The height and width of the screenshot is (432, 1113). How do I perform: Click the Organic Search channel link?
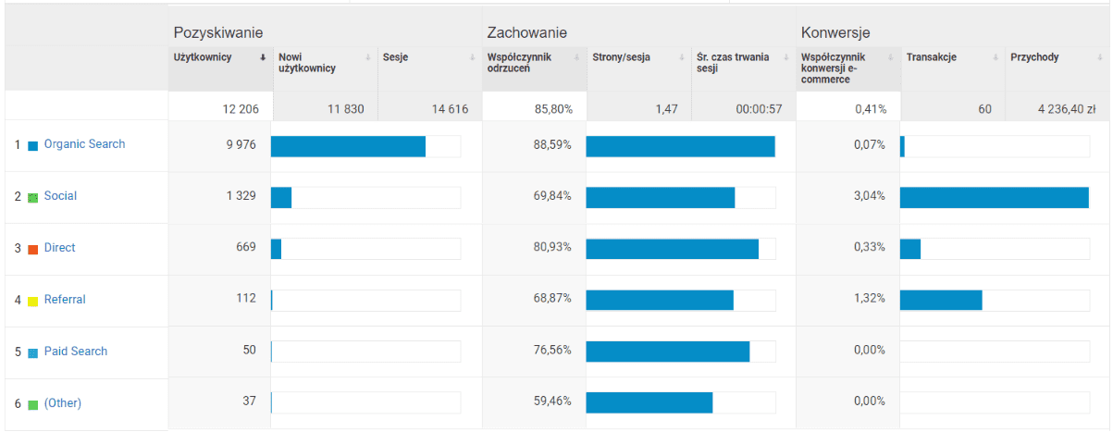click(84, 144)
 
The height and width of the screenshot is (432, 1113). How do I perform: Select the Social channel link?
click(60, 196)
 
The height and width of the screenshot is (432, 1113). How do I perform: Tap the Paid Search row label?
click(76, 352)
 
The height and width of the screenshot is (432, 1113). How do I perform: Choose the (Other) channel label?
click(63, 403)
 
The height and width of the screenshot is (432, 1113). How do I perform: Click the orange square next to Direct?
click(33, 249)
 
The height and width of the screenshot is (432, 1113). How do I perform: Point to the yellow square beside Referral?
click(33, 301)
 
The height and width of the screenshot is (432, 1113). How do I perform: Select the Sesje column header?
click(396, 57)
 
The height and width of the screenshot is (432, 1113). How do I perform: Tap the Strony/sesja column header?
click(621, 57)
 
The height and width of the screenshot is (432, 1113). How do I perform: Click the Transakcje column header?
click(931, 57)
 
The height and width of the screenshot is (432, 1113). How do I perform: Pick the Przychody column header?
click(1034, 57)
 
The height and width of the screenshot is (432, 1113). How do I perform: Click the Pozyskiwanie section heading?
click(211, 33)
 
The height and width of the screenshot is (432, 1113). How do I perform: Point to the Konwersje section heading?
click(835, 33)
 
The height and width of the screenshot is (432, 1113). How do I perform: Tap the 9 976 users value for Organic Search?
click(240, 144)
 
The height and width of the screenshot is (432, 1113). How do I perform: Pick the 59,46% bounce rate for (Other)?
click(553, 402)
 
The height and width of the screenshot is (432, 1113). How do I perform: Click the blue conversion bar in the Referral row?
click(940, 300)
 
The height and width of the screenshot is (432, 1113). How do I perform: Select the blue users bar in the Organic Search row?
click(348, 146)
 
